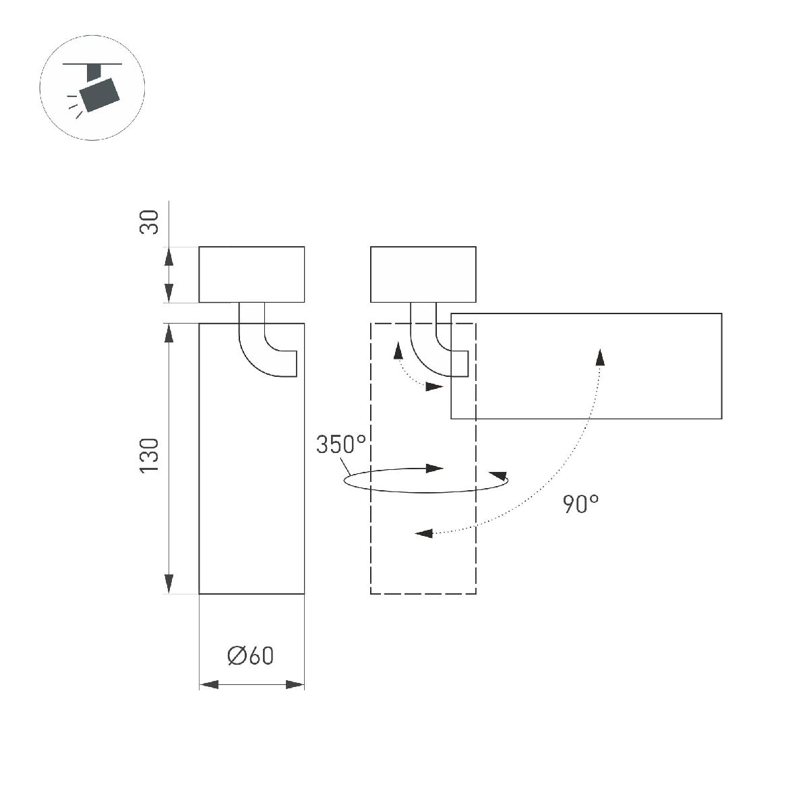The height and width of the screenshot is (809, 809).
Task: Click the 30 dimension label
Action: tap(150, 222)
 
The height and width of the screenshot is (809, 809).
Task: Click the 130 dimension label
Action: tap(150, 455)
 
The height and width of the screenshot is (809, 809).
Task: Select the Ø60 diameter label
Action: tap(251, 655)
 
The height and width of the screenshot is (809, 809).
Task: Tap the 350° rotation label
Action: tap(341, 445)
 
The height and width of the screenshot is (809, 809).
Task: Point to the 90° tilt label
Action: tap(581, 504)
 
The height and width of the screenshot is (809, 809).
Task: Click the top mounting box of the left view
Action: tap(251, 274)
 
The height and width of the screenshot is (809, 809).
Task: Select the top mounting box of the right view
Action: tap(423, 274)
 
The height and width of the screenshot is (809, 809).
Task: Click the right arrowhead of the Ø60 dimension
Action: tap(295, 684)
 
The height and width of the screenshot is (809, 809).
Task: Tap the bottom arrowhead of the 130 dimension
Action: tap(169, 584)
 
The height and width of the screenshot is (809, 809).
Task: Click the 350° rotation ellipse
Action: tap(425, 480)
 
